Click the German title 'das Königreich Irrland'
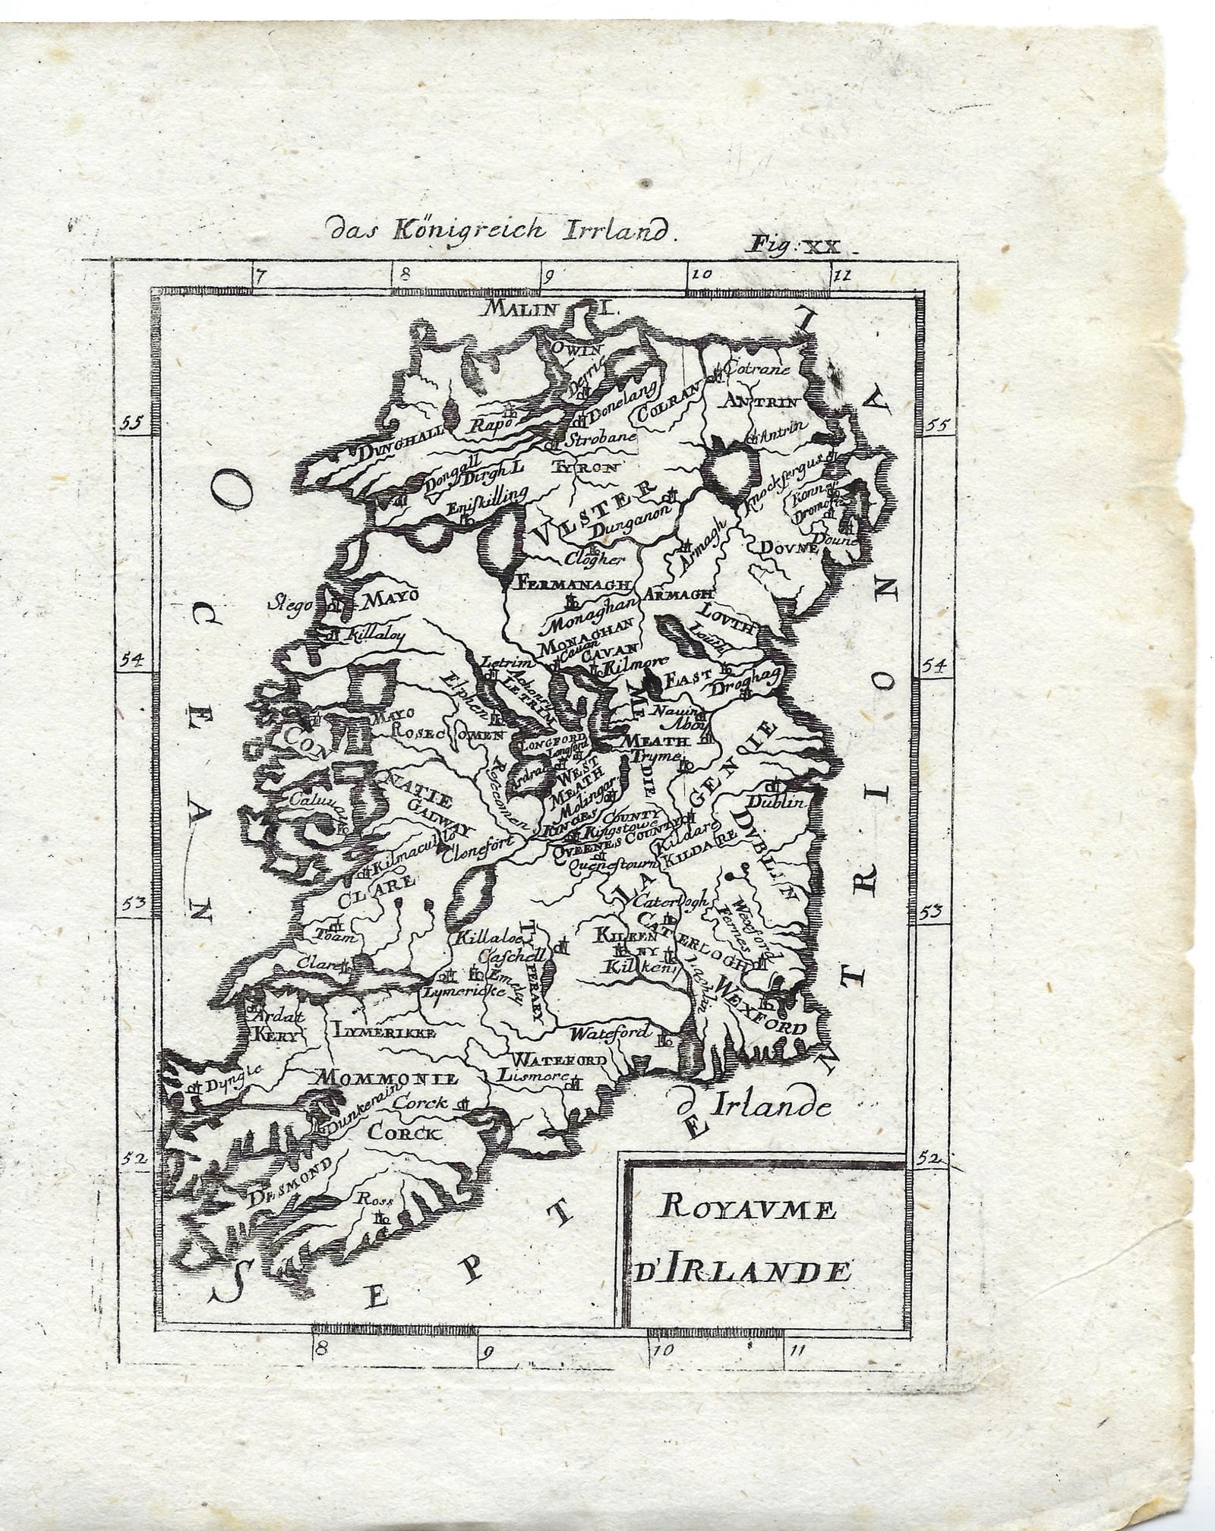[498, 230]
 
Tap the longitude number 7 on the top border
[260, 276]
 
